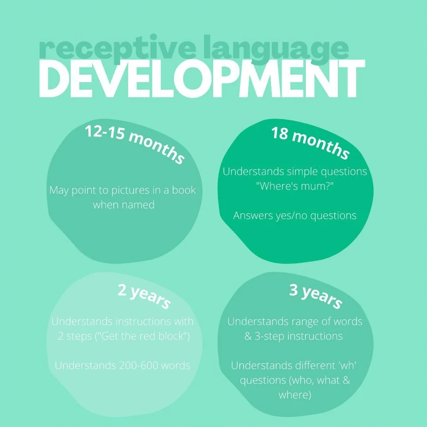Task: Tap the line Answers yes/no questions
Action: (x=295, y=215)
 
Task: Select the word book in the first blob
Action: (x=184, y=190)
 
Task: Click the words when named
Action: (x=123, y=205)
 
